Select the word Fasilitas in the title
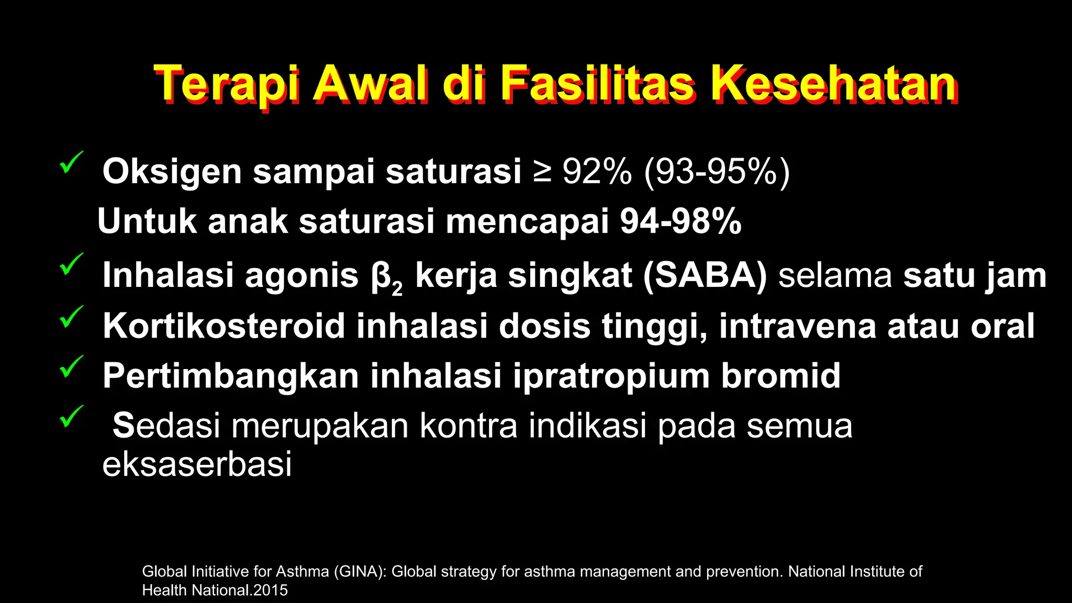597,85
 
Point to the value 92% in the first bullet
597,171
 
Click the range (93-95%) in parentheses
717,171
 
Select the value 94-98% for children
680,221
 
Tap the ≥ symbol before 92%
542,171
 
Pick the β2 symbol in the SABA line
386,277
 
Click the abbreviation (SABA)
705,275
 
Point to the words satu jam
975,275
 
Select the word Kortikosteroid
224,326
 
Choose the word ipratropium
611,375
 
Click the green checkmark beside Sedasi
71,416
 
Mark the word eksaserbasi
197,464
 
